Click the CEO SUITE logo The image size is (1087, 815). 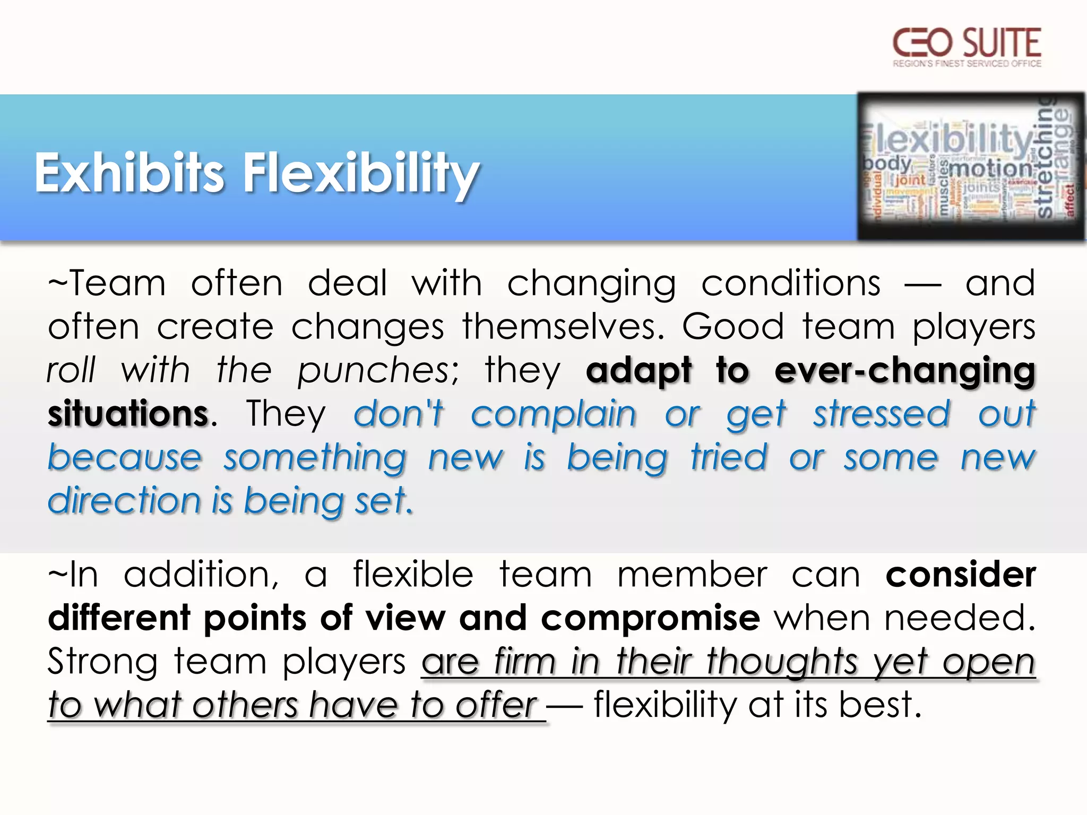[967, 47]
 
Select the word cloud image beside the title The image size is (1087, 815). [971, 166]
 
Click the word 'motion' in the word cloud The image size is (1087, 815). [990, 169]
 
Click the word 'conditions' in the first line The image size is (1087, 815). [791, 283]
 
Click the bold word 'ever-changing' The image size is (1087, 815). [905, 370]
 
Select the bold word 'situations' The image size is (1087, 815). [128, 414]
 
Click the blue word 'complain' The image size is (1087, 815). [554, 414]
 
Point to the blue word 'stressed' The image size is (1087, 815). [882, 414]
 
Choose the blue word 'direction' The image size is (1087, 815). [124, 501]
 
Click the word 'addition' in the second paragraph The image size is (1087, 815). [201, 575]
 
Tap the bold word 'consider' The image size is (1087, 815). [961, 575]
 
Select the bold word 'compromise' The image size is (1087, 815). [651, 619]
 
